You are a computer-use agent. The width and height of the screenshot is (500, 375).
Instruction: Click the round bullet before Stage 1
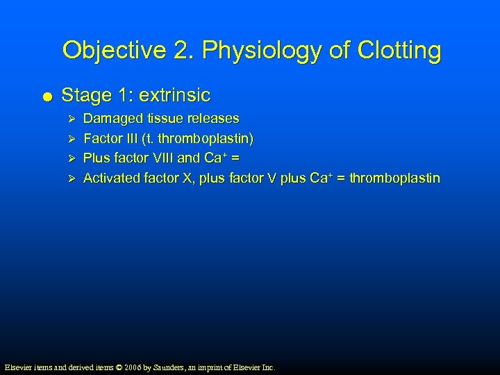click(46, 94)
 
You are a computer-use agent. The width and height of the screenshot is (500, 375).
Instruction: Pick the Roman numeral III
click(128, 139)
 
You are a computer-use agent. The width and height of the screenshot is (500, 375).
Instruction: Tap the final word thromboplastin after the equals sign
click(394, 178)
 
